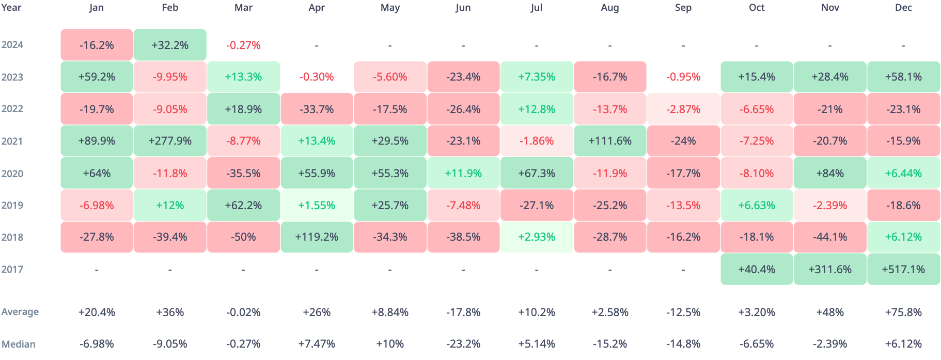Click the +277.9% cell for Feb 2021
click(170, 141)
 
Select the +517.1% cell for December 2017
click(903, 269)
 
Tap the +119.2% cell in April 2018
click(317, 237)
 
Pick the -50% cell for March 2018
click(243, 237)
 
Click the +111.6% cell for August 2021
click(610, 141)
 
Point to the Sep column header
click(683, 8)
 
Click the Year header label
click(11, 8)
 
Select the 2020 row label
click(12, 174)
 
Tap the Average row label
click(20, 312)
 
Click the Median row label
click(19, 344)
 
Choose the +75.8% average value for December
click(903, 312)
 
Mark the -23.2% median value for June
click(463, 344)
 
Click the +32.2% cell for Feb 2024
click(170, 45)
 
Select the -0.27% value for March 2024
click(243, 45)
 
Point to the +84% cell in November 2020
click(830, 174)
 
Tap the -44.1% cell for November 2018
click(830, 237)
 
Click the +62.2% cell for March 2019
click(243, 206)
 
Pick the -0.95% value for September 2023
click(683, 77)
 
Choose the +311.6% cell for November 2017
click(830, 269)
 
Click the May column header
click(390, 8)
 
